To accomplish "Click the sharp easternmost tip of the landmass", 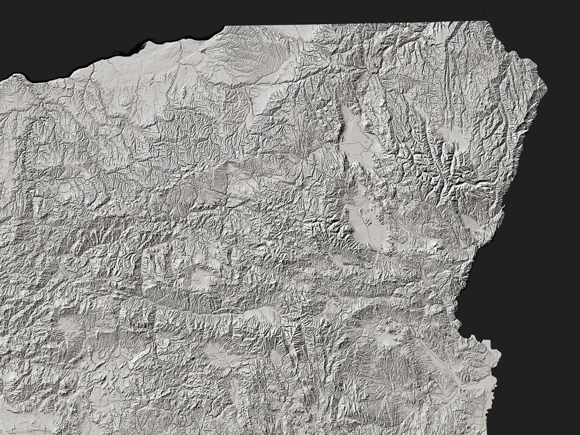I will pyautogui.click(x=547, y=88).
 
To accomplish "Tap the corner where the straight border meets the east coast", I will pyautogui.click(x=486, y=22).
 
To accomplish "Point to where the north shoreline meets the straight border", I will pyautogui.click(x=225, y=27).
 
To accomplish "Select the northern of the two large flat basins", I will pyautogui.click(x=353, y=136).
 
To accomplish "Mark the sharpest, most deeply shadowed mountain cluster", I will pyautogui.click(x=436, y=170).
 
